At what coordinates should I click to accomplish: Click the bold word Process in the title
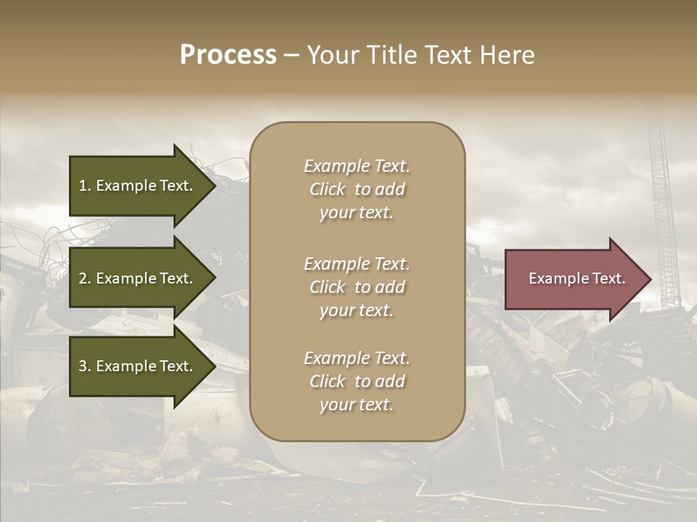228,55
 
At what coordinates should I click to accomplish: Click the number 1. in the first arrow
85,186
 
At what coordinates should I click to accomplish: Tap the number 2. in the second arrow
85,278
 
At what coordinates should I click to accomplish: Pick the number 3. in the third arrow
85,366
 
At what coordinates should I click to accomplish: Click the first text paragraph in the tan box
356,189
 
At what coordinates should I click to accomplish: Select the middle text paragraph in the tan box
356,287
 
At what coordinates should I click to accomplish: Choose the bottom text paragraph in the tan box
356,381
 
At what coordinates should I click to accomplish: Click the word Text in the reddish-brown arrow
609,278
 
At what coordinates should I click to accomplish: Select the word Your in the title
331,55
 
